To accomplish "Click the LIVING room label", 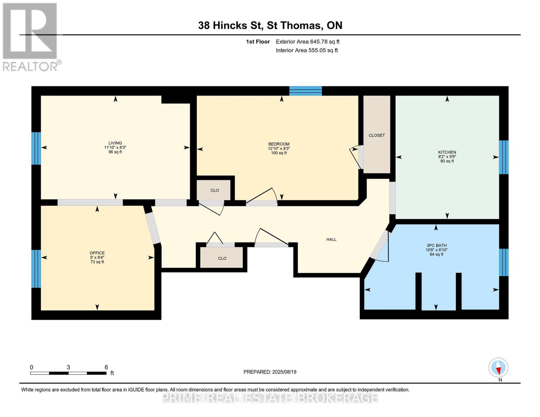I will (115, 143).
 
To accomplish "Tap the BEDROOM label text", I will (279, 144).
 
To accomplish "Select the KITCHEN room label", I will (447, 152).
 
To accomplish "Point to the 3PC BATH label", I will (436, 245).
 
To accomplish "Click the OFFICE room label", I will (97, 253).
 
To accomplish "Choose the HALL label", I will (331, 239).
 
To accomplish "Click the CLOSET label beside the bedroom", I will (377, 135).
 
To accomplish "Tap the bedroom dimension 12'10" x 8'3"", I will (279, 148).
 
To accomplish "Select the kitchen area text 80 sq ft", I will (447, 161).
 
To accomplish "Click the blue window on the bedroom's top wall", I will (305, 91).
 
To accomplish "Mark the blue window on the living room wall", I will (36, 148).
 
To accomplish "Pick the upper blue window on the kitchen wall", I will (503, 157).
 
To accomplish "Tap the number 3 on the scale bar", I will (68, 367).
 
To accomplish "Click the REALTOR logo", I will (31, 36).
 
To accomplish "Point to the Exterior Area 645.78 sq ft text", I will (307, 42).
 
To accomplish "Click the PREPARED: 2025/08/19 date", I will (270, 372).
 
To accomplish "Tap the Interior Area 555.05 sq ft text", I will (307, 50).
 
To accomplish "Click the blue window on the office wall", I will (36, 269).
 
